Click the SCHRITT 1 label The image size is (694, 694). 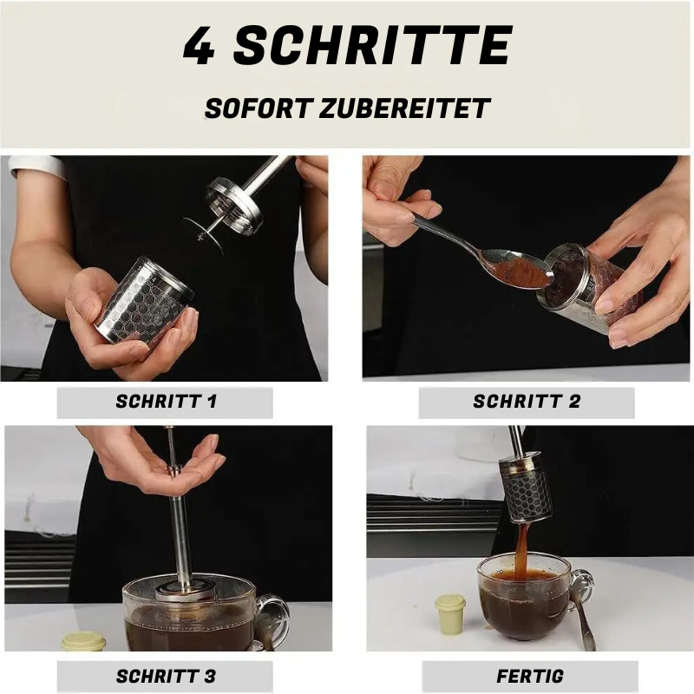tap(165, 403)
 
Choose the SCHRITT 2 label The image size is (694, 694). tap(527, 403)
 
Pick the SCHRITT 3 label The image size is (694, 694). tap(165, 677)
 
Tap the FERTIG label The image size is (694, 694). tap(530, 677)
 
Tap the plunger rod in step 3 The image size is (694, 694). tap(180, 529)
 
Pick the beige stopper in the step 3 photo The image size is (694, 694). tap(83, 642)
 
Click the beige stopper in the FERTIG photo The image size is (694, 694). tap(449, 613)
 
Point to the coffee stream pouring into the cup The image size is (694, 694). tap(522, 547)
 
